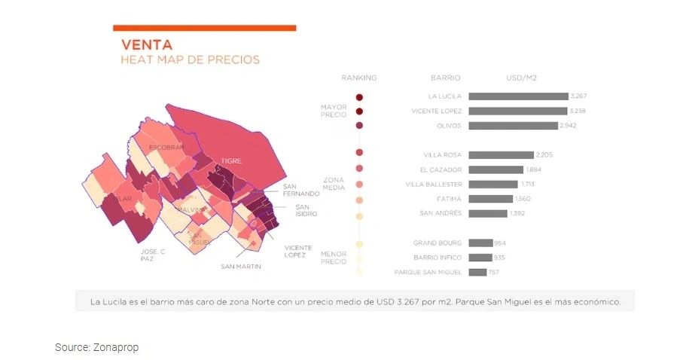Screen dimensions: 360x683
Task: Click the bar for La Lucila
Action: coord(518,96)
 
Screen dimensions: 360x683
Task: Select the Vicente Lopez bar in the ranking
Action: coord(517,111)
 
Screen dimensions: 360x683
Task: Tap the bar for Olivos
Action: coord(513,126)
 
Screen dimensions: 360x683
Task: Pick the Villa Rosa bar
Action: coord(500,155)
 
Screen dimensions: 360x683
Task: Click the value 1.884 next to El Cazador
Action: coord(534,169)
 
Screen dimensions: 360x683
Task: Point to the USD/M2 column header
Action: coord(521,78)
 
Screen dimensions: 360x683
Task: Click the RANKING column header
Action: coord(358,78)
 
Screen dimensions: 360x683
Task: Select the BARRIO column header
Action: coord(446,78)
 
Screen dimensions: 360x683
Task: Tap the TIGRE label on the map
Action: coord(230,160)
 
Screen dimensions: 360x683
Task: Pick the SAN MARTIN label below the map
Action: coord(241,267)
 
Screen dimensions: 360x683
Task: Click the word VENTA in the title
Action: coord(146,44)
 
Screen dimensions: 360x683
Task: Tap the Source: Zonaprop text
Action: coord(96,347)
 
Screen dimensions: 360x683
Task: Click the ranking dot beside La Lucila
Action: coord(360,97)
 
